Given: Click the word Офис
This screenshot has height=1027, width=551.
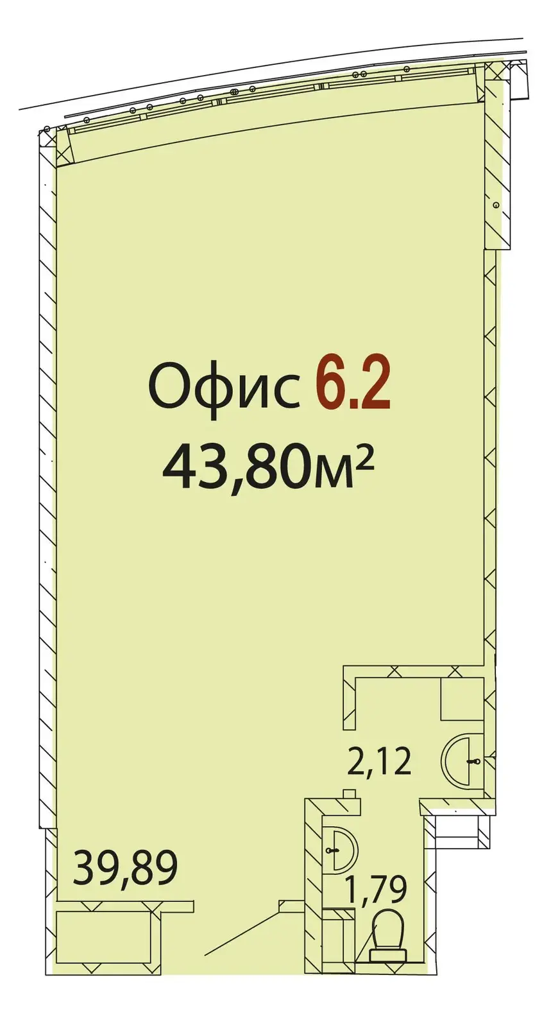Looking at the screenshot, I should tap(224, 387).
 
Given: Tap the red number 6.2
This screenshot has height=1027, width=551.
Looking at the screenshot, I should tap(352, 386).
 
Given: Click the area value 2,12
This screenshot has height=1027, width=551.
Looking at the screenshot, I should tap(378, 762).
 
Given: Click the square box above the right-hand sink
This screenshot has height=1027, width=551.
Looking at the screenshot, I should tap(462, 698).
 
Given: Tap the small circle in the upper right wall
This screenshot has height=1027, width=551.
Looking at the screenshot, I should tap(496, 204).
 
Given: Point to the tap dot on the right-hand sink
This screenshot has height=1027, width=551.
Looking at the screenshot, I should tap(475, 761).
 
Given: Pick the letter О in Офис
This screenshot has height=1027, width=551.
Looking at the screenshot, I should tap(169, 387).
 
